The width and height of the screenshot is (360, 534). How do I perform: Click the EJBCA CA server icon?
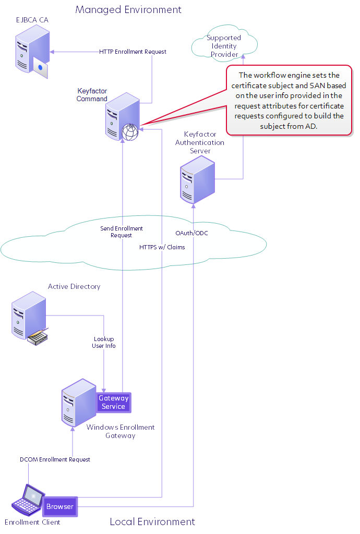(x=32, y=52)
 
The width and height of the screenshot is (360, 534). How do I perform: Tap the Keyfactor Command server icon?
(x=123, y=116)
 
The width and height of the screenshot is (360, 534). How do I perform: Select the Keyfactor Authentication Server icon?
(x=198, y=179)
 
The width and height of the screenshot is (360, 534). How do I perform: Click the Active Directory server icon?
(x=30, y=318)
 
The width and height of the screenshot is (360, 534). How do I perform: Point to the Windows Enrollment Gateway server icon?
(x=79, y=403)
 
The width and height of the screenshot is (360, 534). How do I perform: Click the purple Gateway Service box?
(x=113, y=402)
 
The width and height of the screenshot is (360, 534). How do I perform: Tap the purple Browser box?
(x=60, y=506)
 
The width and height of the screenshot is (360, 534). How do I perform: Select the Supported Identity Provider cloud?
(x=224, y=43)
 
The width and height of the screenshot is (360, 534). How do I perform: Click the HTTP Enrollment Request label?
(x=133, y=52)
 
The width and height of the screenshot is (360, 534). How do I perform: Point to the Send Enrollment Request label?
(x=121, y=232)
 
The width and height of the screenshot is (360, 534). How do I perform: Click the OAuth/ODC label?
(x=191, y=233)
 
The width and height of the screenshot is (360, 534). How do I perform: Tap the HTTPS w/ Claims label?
(x=162, y=247)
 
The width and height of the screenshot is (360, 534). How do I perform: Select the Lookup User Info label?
(x=103, y=342)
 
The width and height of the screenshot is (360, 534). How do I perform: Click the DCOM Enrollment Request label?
(x=55, y=459)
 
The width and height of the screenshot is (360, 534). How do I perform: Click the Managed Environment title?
(x=128, y=9)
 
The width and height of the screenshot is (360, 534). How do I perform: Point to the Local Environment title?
(x=152, y=521)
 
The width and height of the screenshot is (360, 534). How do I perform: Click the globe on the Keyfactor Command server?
(x=130, y=132)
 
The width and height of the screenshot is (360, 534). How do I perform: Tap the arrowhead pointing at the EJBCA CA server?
(x=52, y=52)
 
